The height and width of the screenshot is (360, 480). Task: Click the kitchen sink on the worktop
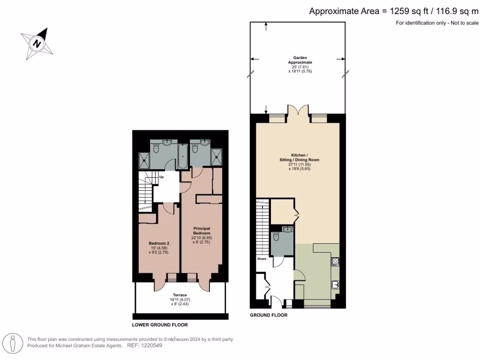click(x=336, y=284)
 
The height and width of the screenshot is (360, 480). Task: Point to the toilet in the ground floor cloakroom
click(x=277, y=238)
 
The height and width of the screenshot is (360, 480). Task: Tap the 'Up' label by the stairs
click(x=161, y=178)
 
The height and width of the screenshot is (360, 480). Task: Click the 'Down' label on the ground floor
click(x=262, y=258)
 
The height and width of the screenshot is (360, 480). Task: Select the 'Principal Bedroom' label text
click(x=202, y=231)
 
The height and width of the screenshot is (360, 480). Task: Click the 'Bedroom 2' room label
click(x=159, y=243)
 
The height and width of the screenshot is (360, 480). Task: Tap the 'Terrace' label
click(x=180, y=295)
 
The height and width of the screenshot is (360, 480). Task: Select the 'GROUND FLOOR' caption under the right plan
click(x=269, y=315)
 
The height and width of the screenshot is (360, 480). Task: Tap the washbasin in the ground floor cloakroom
click(x=287, y=229)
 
